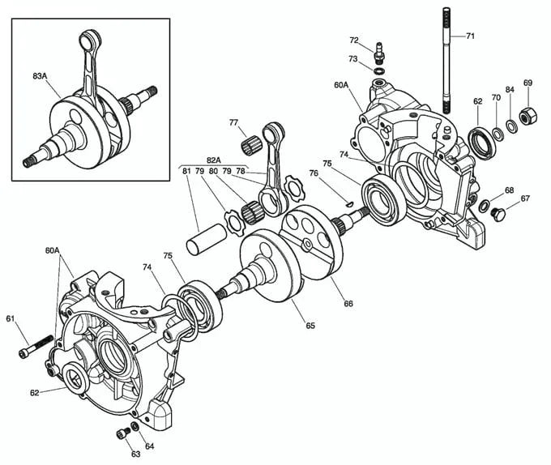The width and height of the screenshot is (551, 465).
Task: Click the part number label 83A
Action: click(x=40, y=75)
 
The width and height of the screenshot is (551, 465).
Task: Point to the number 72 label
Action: click(x=354, y=40)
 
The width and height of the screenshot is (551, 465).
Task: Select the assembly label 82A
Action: click(x=214, y=160)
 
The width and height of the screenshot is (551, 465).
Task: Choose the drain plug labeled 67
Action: click(x=499, y=214)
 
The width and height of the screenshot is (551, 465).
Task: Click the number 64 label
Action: click(x=150, y=446)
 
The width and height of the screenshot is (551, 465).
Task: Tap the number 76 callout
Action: click(x=313, y=173)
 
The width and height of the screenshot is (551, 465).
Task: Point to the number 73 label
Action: click(x=354, y=59)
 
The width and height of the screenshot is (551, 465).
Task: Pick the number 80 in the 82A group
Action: click(x=213, y=171)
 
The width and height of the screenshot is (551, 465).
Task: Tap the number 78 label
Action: click(x=240, y=171)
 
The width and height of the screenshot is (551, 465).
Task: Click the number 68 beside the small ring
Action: click(x=509, y=190)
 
